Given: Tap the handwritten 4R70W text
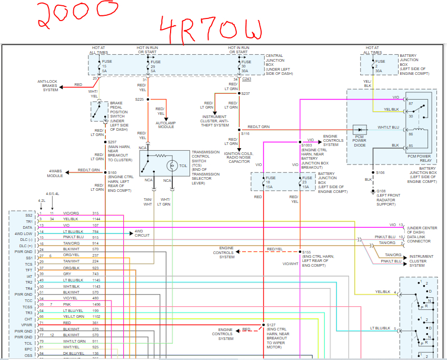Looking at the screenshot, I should (211, 27).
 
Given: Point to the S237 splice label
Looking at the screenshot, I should (246, 93).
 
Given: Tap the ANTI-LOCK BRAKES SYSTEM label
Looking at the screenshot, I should (51, 85).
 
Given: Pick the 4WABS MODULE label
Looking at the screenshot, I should (56, 173).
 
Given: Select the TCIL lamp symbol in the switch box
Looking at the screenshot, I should (170, 164).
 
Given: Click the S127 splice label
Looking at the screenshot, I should (271, 324).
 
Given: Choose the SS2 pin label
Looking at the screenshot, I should (28, 215).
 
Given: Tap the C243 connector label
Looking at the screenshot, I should (247, 79).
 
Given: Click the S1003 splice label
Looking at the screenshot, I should (307, 144).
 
